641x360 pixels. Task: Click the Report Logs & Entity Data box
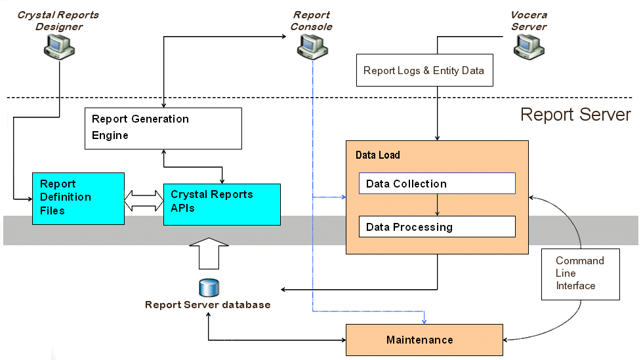(423, 71)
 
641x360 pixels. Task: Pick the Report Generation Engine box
(163, 128)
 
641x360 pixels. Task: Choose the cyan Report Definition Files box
(78, 198)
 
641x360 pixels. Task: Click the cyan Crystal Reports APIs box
(221, 204)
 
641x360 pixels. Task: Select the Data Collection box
(437, 184)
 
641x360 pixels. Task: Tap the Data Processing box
(437, 227)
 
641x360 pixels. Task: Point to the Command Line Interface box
(580, 273)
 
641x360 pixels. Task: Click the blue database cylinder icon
(209, 288)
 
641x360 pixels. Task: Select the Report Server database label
(207, 305)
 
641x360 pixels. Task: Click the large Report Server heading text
(575, 115)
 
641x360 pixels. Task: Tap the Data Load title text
(377, 155)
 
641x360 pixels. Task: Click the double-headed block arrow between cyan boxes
(143, 201)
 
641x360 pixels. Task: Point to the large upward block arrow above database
(209, 254)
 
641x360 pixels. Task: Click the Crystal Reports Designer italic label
(59, 21)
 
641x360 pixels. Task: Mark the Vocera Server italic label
(529, 21)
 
